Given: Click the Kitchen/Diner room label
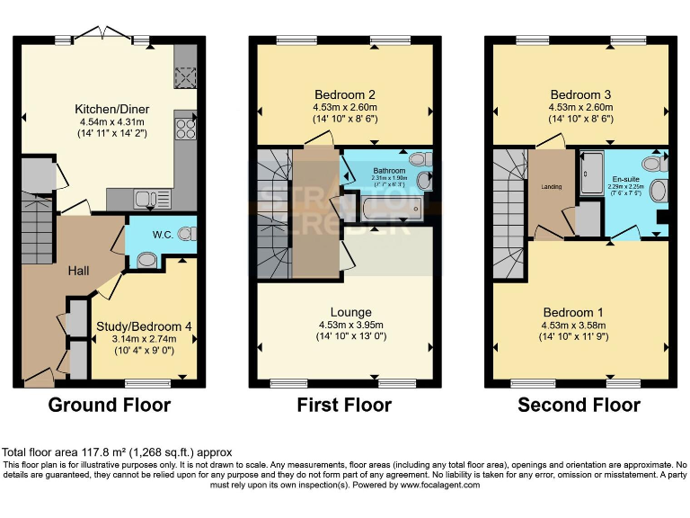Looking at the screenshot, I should (112, 110).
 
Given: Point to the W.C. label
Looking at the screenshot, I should (162, 236).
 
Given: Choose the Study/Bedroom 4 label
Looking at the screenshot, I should (145, 326).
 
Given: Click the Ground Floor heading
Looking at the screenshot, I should (109, 405).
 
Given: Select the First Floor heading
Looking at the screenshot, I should (344, 405).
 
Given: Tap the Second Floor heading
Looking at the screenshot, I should (579, 405).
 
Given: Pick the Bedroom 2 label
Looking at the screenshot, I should (344, 94).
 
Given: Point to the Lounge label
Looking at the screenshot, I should (344, 312).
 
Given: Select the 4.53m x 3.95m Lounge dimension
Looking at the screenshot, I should (344, 325).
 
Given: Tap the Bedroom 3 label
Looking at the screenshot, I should (579, 94).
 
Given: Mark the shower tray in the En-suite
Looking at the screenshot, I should (592, 174).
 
